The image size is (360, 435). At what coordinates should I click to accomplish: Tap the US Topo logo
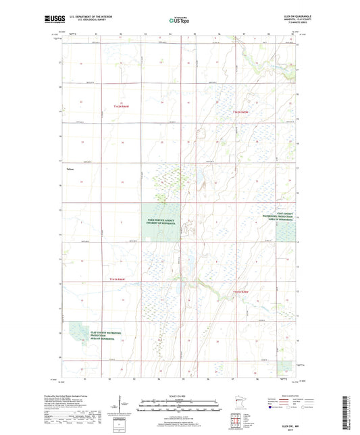tap(179, 21)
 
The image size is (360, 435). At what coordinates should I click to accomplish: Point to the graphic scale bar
tap(180, 405)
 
